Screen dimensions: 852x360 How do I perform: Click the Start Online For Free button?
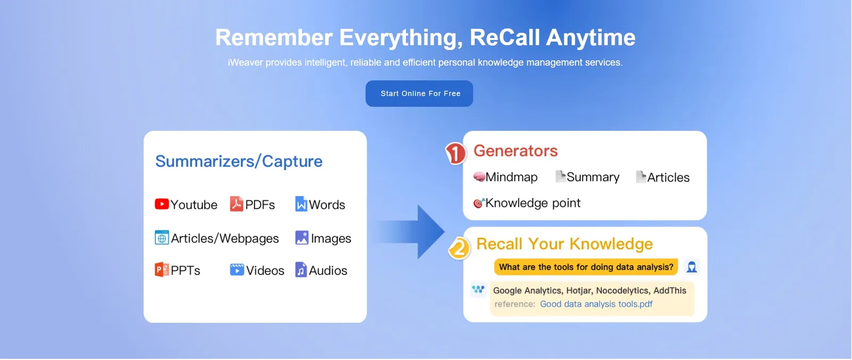point(419,94)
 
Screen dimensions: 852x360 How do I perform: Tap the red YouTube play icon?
point(162,204)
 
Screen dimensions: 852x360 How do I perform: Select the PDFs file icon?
point(236,204)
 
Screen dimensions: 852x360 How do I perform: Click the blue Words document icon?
point(301,204)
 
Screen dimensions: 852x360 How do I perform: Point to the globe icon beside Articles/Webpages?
point(162,238)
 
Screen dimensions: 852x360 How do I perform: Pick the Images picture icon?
point(301,238)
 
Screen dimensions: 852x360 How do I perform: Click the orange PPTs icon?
point(162,269)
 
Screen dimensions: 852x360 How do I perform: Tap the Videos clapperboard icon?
point(237,270)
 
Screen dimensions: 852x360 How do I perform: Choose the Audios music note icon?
point(301,269)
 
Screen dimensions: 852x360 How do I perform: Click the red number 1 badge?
point(456,153)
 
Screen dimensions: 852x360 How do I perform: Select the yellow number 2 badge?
point(459,248)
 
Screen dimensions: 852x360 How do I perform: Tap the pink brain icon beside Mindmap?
point(479,177)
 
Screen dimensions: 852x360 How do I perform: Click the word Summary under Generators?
point(593,177)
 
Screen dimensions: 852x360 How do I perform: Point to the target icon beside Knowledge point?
point(479,203)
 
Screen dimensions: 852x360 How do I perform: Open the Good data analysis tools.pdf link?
point(596,304)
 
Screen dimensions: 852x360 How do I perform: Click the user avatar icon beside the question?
point(692,267)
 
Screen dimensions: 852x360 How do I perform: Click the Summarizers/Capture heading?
point(239,161)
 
